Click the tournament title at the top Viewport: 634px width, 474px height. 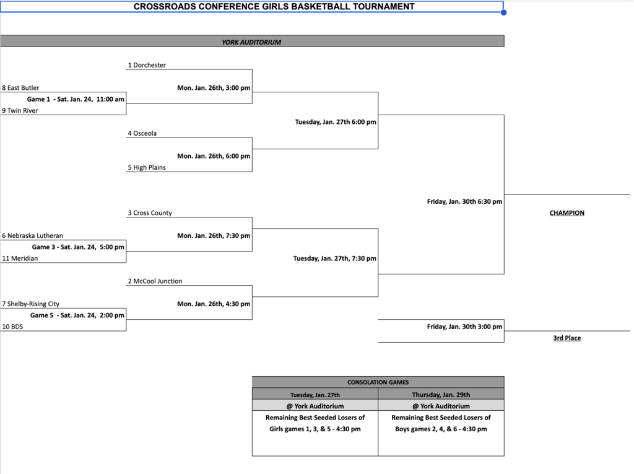pyautogui.click(x=274, y=7)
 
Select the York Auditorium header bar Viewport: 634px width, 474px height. pyautogui.click(x=251, y=42)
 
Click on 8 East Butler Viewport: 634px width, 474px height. pyautogui.click(x=20, y=88)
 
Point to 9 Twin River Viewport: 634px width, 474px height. pyautogui.click(x=20, y=110)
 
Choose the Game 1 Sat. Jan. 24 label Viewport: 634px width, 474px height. pyautogui.click(x=76, y=99)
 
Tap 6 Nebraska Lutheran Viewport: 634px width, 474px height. pyautogui.click(x=32, y=235)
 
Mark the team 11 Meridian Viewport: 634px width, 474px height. pyautogui.click(x=20, y=258)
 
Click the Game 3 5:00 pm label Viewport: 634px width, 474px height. pyautogui.click(x=78, y=247)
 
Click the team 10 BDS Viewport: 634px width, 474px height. pyautogui.click(x=12, y=327)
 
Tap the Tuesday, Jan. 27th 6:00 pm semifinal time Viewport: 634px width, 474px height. pyautogui.click(x=335, y=122)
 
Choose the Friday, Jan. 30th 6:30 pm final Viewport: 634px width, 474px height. pyautogui.click(x=464, y=201)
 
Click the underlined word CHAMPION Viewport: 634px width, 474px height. pyautogui.click(x=567, y=213)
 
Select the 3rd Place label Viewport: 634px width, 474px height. pyautogui.click(x=567, y=338)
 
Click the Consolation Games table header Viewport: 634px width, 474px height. pyautogui.click(x=378, y=382)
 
